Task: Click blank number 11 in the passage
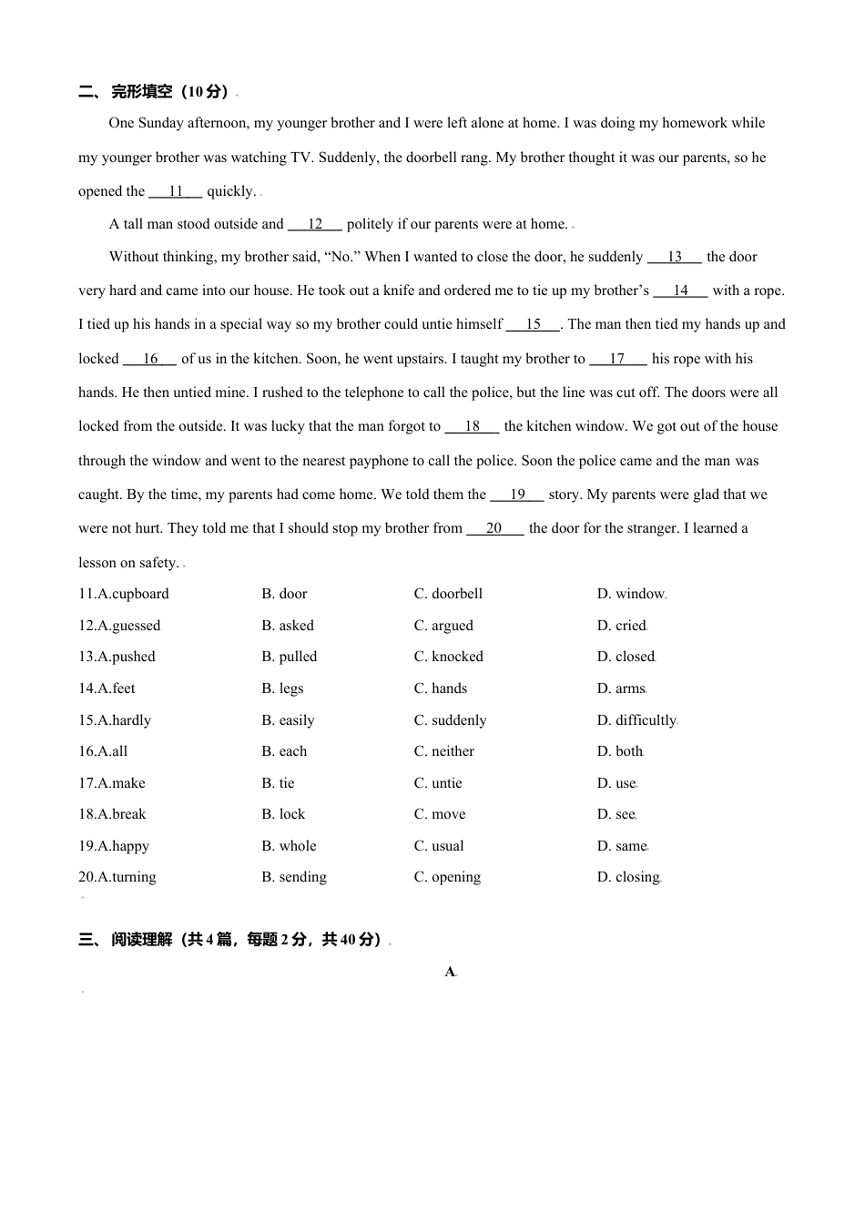point(176,191)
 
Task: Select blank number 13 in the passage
point(675,257)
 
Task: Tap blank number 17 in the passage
point(617,359)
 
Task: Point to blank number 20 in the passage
point(494,528)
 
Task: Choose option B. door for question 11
point(284,594)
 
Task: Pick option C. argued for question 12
point(443,626)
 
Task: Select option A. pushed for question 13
point(117,657)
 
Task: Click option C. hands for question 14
point(441,688)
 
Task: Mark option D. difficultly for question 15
point(636,720)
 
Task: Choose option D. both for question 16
point(620,751)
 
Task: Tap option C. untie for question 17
point(438,783)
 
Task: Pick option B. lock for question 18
point(283,814)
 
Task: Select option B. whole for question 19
point(289,846)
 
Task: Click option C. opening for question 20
point(447,877)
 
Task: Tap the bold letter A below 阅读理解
point(450,972)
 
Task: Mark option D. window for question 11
point(630,594)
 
